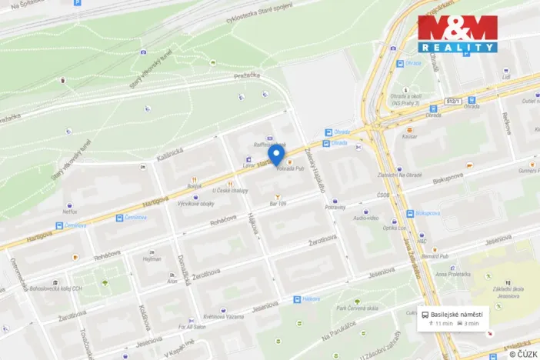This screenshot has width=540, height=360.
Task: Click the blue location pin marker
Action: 278,148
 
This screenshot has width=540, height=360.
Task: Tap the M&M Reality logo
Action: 457,34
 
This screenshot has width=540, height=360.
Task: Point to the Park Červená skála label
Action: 356,308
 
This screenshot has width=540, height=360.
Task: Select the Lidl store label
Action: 506,77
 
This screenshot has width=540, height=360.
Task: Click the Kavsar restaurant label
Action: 409,136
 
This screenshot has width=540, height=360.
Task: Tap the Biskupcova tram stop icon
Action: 409,213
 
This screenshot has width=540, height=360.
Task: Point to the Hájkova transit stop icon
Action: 297,298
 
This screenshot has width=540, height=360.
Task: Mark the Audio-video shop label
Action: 365,218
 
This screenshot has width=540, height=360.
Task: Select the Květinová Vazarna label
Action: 223,317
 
